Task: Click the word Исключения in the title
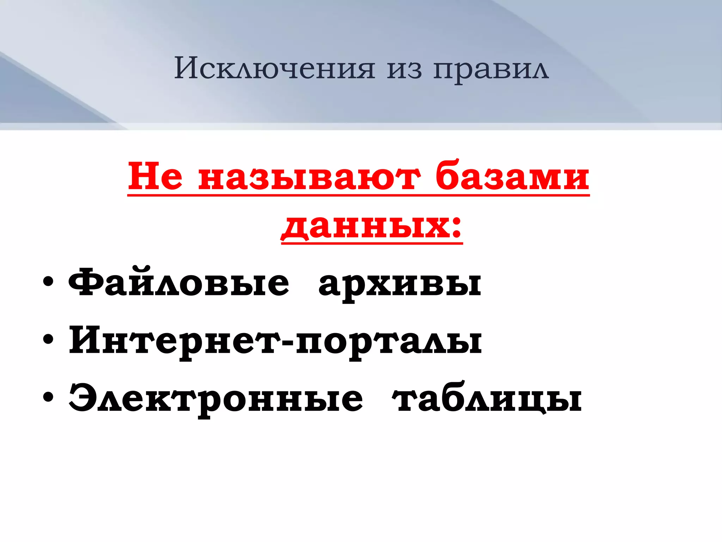(x=274, y=68)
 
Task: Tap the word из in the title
(x=404, y=69)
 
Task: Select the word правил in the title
(x=491, y=69)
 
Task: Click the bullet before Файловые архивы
(x=48, y=282)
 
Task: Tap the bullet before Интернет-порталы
(x=48, y=340)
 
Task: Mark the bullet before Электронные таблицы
(x=48, y=397)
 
